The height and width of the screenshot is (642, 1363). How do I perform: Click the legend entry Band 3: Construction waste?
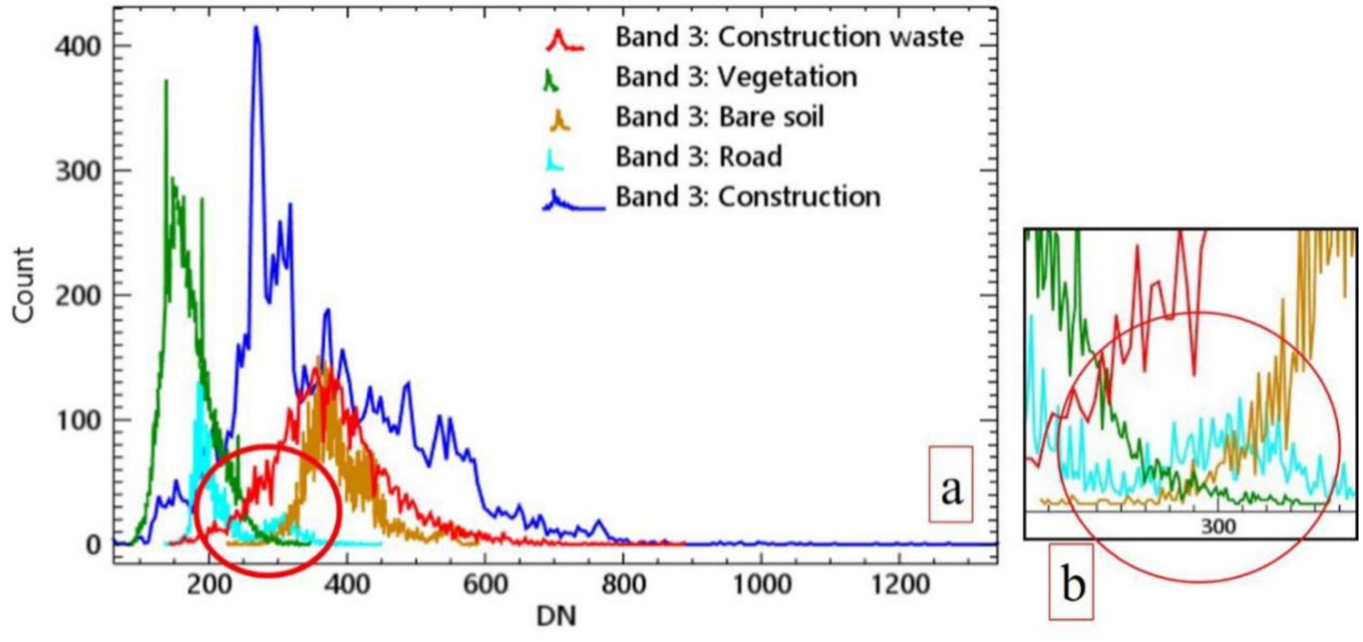pyautogui.click(x=788, y=37)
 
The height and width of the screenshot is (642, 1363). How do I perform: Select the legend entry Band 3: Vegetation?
pyautogui.click(x=736, y=77)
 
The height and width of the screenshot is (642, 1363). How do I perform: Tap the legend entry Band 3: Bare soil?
pyautogui.click(x=719, y=117)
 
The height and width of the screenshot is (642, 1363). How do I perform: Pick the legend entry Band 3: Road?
pyautogui.click(x=698, y=157)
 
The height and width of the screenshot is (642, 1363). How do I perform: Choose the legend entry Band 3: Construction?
pyautogui.click(x=748, y=197)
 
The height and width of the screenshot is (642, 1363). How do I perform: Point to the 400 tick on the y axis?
pyautogui.click(x=78, y=47)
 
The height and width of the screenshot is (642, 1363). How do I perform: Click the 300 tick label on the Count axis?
pyautogui.click(x=78, y=171)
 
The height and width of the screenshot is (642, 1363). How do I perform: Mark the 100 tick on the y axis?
pyautogui.click(x=78, y=421)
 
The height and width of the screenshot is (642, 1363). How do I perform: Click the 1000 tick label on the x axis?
pyautogui.click(x=761, y=585)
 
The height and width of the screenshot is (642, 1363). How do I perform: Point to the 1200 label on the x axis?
pyautogui.click(x=898, y=585)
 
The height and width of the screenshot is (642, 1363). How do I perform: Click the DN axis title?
pyautogui.click(x=556, y=617)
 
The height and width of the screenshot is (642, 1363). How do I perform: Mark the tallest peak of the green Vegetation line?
pyautogui.click(x=166, y=81)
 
